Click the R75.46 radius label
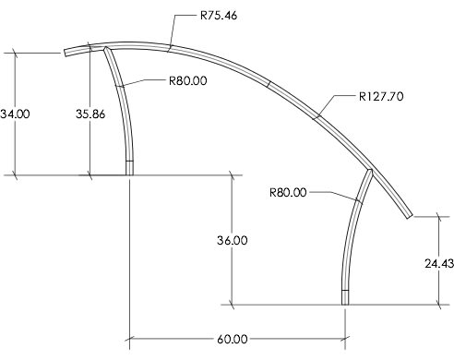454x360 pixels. tap(219, 16)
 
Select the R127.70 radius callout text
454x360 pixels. tap(381, 97)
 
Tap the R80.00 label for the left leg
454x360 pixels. tap(188, 81)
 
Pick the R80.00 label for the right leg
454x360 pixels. tap(288, 193)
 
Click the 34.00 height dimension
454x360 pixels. tap(15, 114)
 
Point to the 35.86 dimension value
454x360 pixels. tap(90, 114)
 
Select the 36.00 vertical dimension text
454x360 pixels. tap(233, 240)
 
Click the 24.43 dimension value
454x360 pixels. tap(439, 264)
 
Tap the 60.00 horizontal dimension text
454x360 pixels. tap(233, 340)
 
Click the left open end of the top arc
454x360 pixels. tap(66, 54)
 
